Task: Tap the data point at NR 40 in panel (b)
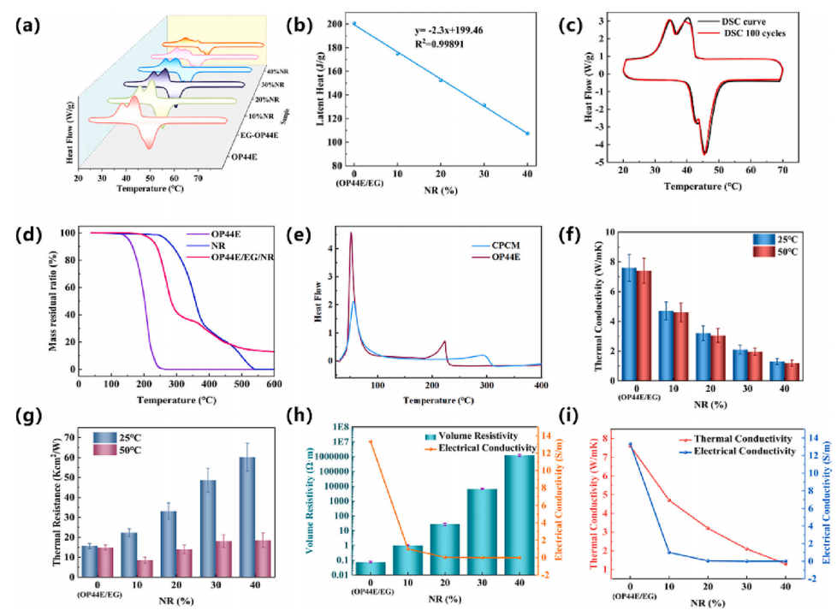point(527,133)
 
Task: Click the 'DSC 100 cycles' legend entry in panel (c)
point(766,34)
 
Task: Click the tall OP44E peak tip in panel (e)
point(351,234)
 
